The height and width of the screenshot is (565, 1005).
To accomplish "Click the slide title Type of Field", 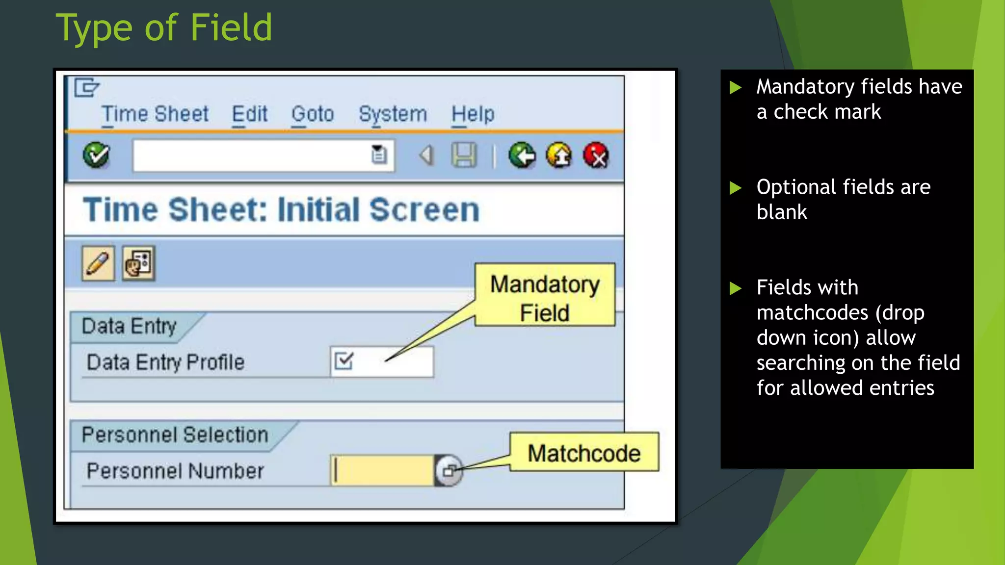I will [164, 28].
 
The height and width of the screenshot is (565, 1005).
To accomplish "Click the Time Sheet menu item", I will [155, 114].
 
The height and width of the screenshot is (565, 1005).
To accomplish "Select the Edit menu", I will [250, 114].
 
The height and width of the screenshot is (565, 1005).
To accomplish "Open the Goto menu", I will [313, 114].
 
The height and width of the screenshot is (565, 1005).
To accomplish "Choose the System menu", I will [393, 114].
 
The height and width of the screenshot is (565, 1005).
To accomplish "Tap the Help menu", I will [473, 114].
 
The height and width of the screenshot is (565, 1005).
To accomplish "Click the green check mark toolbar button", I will [96, 155].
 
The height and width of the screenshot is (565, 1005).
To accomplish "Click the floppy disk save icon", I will [464, 155].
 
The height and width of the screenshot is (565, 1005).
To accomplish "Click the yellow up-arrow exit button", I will [559, 155].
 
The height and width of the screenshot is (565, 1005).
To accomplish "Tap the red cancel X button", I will [596, 155].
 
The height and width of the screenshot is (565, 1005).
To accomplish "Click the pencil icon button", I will [98, 263].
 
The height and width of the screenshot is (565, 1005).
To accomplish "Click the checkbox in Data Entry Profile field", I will [344, 361].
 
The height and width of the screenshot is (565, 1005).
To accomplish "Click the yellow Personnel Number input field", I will [382, 470].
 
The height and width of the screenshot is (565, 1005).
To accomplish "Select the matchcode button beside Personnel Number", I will [449, 471].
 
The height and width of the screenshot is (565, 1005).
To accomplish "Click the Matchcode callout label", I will [584, 453].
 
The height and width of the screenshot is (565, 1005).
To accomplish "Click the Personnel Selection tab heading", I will [175, 435].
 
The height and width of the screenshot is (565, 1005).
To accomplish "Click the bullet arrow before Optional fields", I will [735, 188].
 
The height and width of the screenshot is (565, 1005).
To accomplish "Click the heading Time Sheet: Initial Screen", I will [281, 210].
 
